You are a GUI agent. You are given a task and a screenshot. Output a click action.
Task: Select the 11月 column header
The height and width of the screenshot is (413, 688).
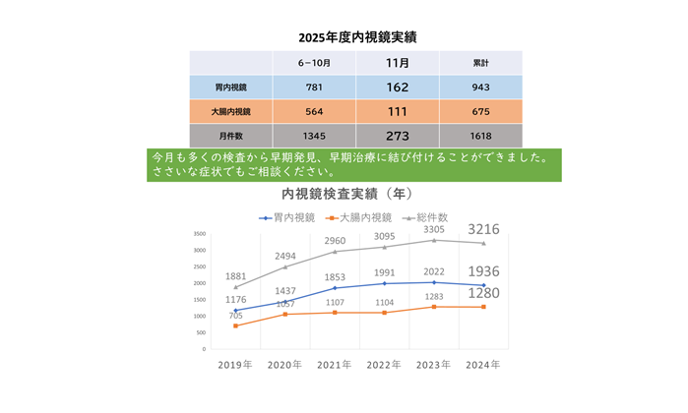click(398, 62)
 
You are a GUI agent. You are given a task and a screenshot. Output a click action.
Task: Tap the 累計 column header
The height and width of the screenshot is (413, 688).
click(481, 62)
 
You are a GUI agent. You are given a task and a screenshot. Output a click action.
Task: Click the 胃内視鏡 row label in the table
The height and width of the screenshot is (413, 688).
click(231, 87)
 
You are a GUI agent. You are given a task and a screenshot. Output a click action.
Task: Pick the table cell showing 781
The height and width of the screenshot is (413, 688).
click(314, 87)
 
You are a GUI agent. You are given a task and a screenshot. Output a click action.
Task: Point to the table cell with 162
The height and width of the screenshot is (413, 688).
click(398, 87)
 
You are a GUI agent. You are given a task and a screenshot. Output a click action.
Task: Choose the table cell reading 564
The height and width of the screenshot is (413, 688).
click(314, 111)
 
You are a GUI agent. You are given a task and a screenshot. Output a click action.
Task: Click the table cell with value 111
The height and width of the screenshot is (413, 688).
click(398, 111)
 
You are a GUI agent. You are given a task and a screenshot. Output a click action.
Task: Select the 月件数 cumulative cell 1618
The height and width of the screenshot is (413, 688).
click(481, 136)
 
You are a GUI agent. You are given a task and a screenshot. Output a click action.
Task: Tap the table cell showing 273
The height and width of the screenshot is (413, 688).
click(398, 136)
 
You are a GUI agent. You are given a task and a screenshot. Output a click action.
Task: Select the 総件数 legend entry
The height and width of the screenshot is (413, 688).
click(430, 216)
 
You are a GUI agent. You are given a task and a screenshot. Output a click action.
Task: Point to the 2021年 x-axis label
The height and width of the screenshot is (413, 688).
click(334, 365)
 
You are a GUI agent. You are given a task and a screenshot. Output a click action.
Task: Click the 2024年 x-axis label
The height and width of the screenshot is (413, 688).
click(482, 365)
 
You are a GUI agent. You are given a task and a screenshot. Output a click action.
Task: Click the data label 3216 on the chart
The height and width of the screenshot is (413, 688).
click(483, 229)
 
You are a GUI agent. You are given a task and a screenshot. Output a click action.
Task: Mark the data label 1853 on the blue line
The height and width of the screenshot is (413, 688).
click(334, 277)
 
